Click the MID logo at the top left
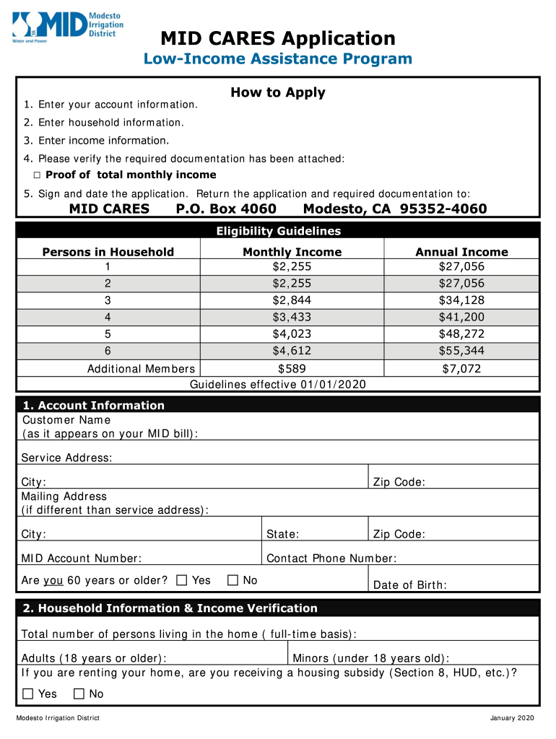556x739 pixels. pos(67,27)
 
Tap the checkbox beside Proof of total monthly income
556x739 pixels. pos(38,175)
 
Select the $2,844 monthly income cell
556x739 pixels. pos(292,300)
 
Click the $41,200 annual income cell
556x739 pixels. pos(461,317)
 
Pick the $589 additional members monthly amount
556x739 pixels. pos(292,368)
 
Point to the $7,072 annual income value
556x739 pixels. pos(461,369)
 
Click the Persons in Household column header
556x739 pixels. pos(108,252)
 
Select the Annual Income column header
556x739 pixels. pos(461,252)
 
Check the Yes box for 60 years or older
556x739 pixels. pos(182,580)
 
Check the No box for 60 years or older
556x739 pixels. pos(233,580)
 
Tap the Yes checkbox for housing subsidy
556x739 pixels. pos(28,694)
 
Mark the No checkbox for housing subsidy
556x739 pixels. pos(79,694)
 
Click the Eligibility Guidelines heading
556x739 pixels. pos(278,232)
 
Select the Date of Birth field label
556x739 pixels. pos(409,585)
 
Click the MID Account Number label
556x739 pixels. pos(81,559)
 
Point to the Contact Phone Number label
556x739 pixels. pos(331,559)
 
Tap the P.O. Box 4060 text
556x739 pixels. pos(226,209)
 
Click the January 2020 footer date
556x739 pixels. pos(511,718)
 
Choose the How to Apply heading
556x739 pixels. pos(278,92)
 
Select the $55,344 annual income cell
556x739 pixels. pos(461,351)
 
